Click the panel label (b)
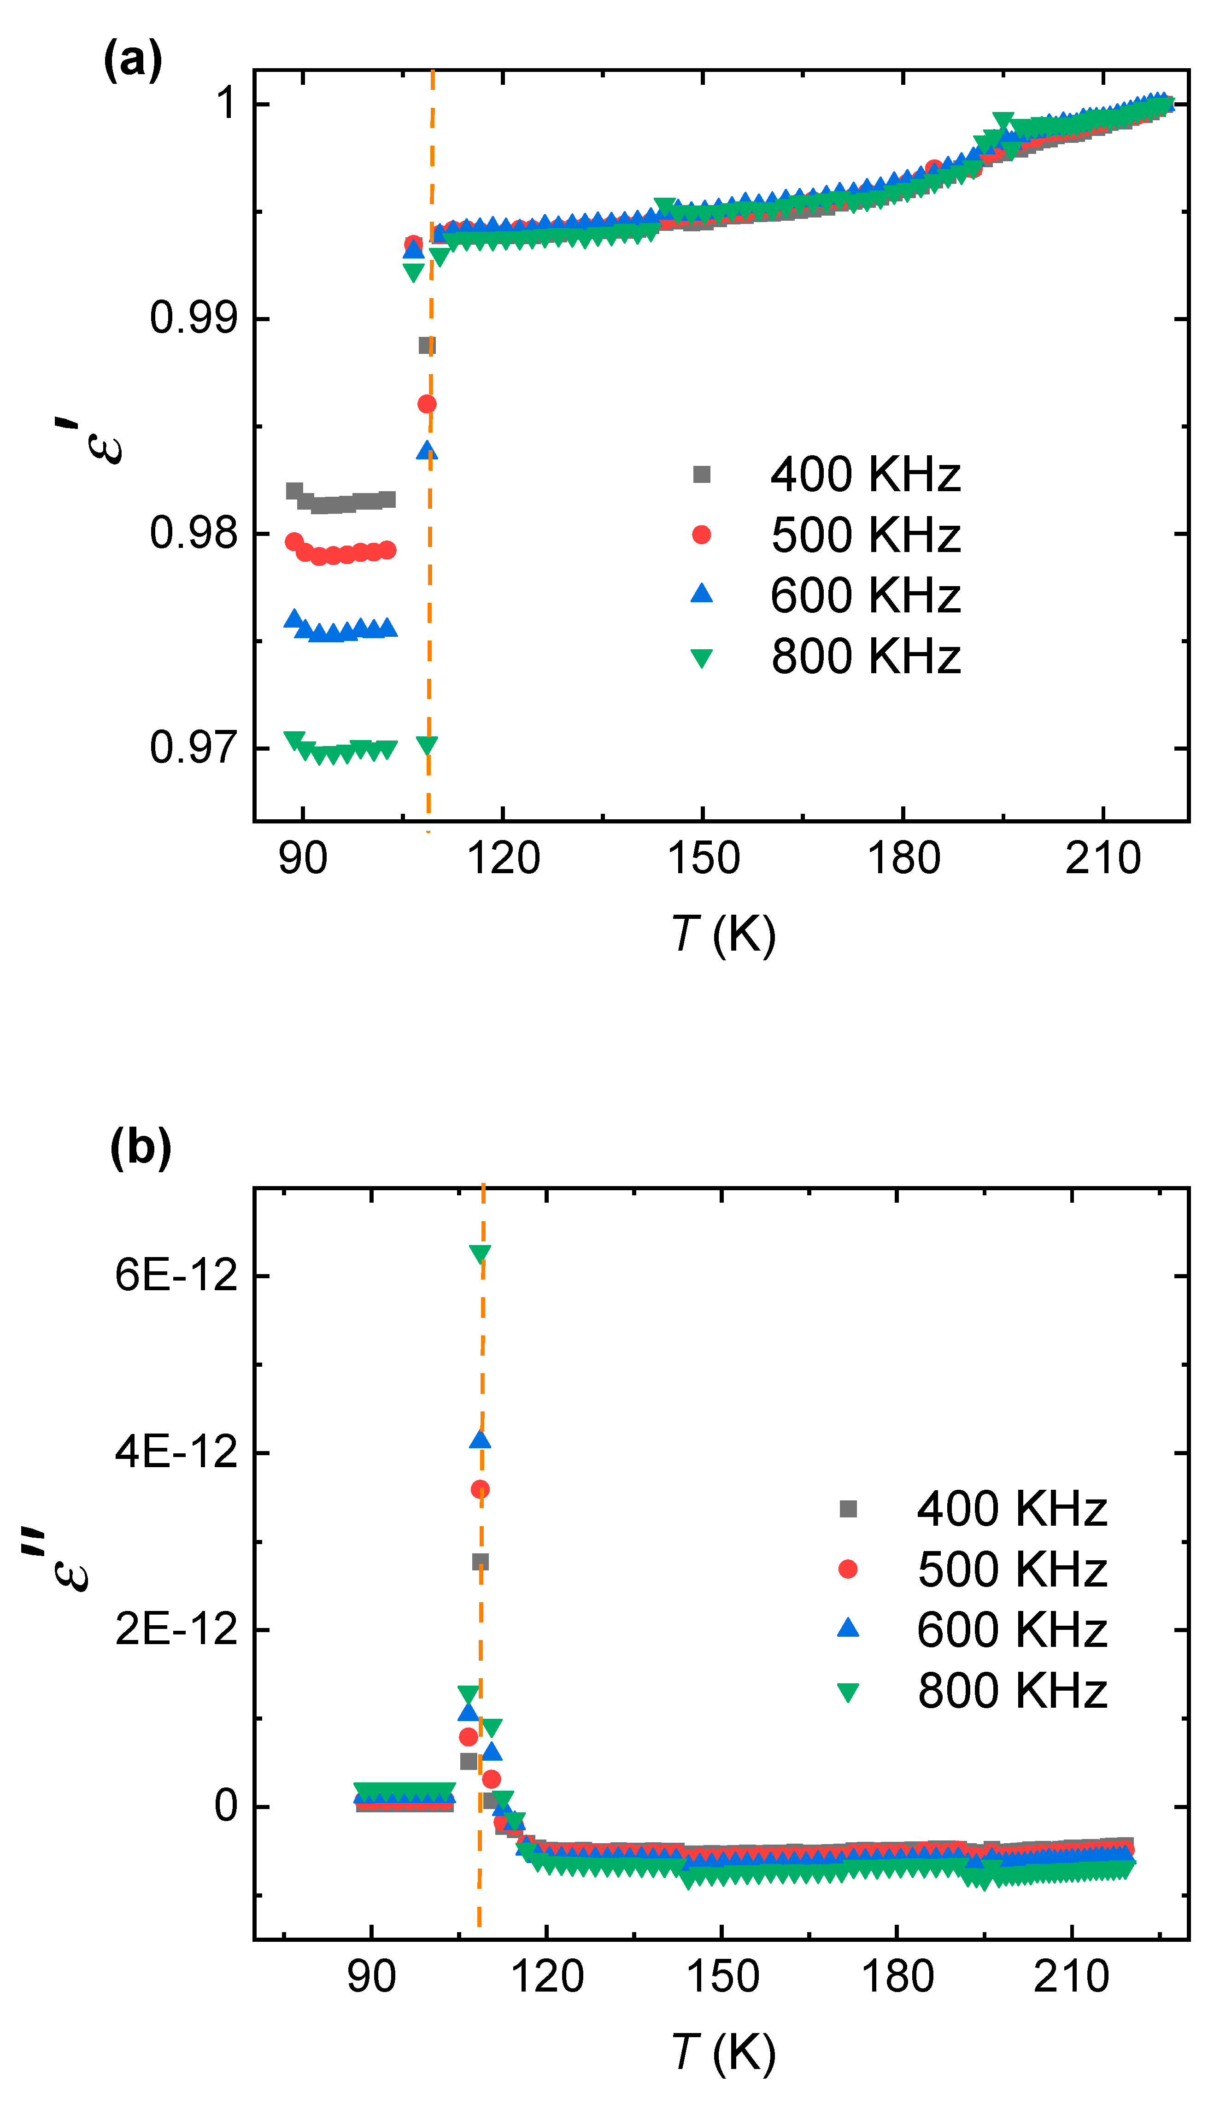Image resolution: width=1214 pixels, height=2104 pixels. pyautogui.click(x=140, y=1148)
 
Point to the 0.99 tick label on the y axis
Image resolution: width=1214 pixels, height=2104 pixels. pyautogui.click(x=194, y=318)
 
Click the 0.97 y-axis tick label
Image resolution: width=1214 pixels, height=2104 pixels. pyautogui.click(x=194, y=747)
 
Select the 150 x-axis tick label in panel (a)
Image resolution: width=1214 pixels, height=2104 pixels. pyautogui.click(x=703, y=858)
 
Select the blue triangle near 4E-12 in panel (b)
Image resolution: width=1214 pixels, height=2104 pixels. pyautogui.click(x=480, y=1440)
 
